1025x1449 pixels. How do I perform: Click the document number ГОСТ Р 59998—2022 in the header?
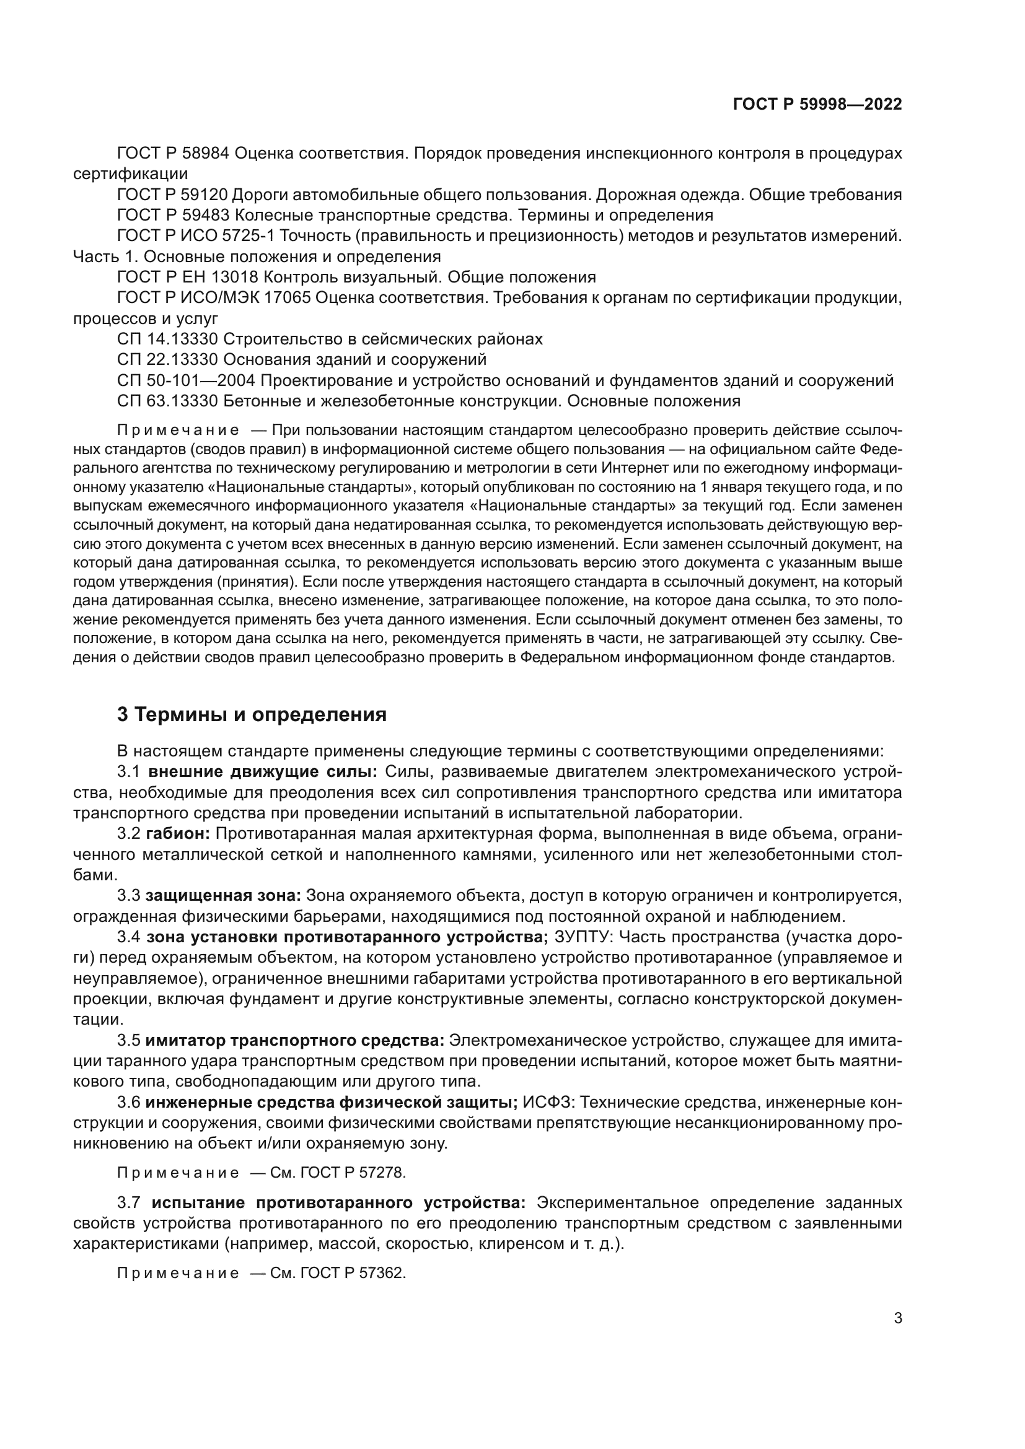817,104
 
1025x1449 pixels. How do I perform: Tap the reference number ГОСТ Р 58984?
173,154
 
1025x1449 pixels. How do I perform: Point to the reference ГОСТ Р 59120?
173,195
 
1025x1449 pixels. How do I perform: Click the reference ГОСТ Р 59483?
173,215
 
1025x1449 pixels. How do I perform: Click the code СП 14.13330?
167,339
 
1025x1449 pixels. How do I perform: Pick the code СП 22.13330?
167,360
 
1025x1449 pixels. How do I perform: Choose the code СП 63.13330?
167,401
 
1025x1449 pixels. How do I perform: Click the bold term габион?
177,834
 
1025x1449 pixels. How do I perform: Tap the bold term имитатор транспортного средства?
295,1040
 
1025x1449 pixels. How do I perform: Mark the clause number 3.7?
129,1203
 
